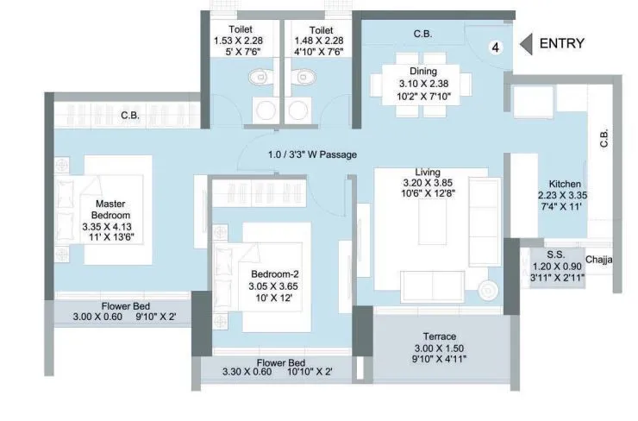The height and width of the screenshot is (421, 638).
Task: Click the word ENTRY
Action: pyautogui.click(x=561, y=44)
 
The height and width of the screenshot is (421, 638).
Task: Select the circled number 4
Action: pyautogui.click(x=496, y=47)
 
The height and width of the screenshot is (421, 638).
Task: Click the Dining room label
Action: pyautogui.click(x=422, y=72)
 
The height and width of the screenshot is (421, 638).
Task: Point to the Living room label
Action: pyautogui.click(x=422, y=172)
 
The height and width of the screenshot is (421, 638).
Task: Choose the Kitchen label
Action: pyautogui.click(x=565, y=185)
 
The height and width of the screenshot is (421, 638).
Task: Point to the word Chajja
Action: pyautogui.click(x=599, y=260)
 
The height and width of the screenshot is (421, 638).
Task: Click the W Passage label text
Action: pyautogui.click(x=311, y=154)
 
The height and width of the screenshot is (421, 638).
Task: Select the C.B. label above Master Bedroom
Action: pyautogui.click(x=130, y=115)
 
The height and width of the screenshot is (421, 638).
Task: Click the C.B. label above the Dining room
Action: pyautogui.click(x=422, y=34)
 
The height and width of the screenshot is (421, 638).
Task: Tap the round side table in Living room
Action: pyautogui.click(x=487, y=288)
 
